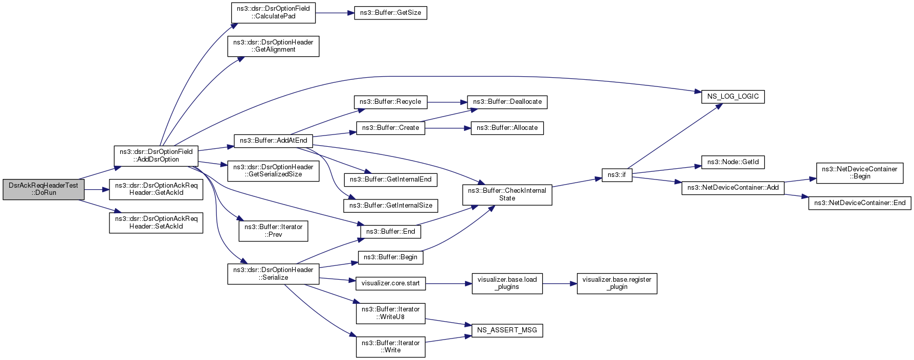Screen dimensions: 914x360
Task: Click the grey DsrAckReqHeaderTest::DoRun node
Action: coord(43,189)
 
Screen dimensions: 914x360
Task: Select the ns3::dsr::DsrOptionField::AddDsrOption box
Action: coord(156,155)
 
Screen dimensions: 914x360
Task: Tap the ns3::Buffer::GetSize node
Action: coord(390,13)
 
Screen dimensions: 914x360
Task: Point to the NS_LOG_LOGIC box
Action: coord(733,97)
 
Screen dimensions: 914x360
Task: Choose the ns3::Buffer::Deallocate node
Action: coord(507,102)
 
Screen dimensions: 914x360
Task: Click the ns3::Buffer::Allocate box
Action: coord(507,128)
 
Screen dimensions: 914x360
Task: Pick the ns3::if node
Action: coord(617,175)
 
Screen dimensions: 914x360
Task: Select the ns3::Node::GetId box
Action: coord(733,162)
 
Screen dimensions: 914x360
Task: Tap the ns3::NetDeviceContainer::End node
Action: coord(860,203)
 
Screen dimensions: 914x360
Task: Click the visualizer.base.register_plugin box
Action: coord(617,283)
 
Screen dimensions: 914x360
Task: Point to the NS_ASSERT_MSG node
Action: coord(507,330)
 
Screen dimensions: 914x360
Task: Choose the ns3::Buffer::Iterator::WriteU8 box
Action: coord(390,313)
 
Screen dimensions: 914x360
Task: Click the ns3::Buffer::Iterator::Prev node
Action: coord(273,231)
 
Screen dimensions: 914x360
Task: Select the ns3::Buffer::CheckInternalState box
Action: coord(507,194)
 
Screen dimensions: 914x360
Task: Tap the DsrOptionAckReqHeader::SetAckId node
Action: coord(156,222)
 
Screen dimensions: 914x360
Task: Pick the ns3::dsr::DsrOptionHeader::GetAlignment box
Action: coord(273,46)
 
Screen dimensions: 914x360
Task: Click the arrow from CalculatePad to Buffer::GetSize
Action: coord(335,13)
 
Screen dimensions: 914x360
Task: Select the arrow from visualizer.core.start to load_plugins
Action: coord(449,283)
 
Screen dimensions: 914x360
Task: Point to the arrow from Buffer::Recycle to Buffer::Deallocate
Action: coord(447,102)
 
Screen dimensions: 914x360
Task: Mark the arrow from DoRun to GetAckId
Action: coord(97,190)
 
